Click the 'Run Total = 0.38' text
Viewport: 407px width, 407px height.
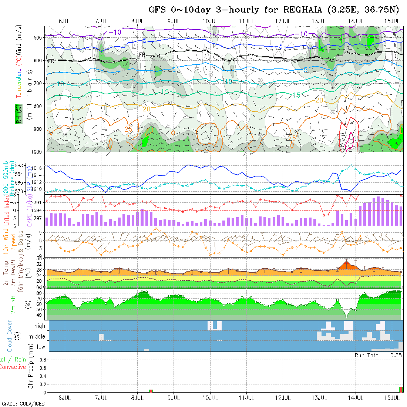tap(378, 355)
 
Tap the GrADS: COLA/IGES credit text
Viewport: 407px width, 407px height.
tap(23, 404)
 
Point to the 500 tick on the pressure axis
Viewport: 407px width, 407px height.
tap(38, 37)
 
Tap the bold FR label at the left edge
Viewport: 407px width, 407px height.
tap(51, 61)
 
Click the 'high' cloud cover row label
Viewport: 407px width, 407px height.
tap(40, 326)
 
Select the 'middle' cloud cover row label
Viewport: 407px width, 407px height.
tap(37, 337)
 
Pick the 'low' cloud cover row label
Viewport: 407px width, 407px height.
tap(41, 347)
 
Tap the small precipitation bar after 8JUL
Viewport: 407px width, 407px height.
tap(151, 391)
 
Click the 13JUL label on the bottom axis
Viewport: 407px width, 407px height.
tap(319, 398)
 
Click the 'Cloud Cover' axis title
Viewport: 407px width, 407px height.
tap(10, 336)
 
